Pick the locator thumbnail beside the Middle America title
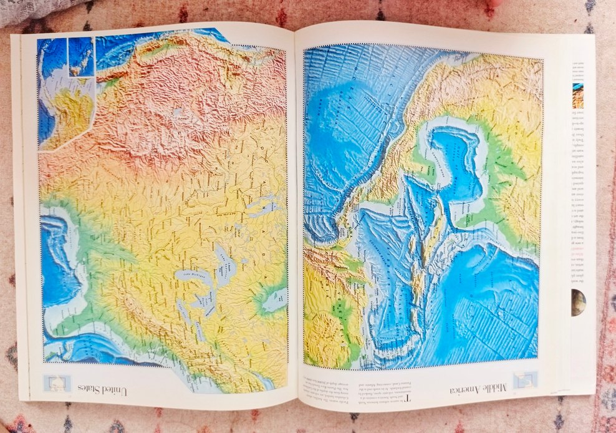click(x=525, y=380)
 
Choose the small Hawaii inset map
click(x=80, y=56)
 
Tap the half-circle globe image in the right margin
click(x=578, y=302)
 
